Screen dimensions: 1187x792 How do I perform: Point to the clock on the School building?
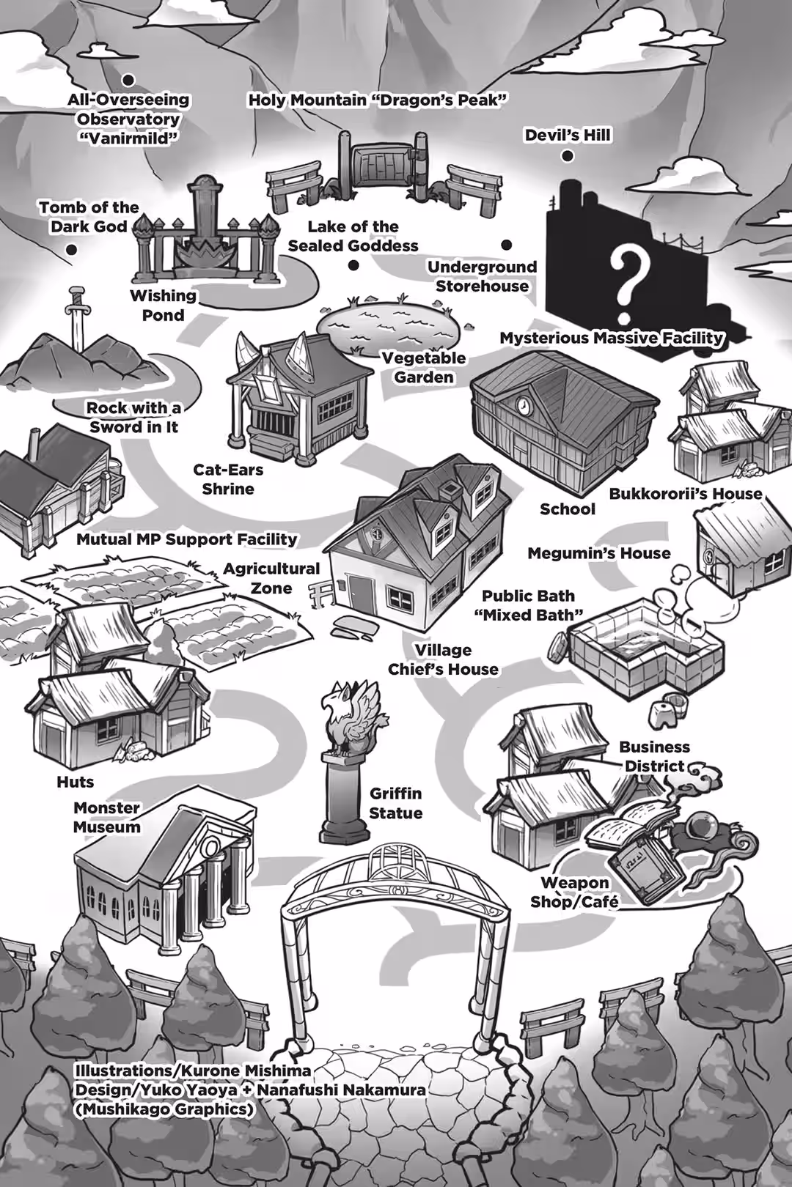click(x=523, y=405)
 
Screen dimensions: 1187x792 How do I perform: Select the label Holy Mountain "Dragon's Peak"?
click(x=378, y=100)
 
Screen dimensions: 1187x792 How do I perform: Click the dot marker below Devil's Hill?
click(x=568, y=155)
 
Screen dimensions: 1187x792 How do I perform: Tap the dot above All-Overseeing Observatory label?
click(x=128, y=80)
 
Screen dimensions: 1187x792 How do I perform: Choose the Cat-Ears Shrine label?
click(x=228, y=479)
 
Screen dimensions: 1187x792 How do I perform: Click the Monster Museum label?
click(x=107, y=817)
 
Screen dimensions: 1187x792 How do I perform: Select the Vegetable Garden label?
click(x=424, y=367)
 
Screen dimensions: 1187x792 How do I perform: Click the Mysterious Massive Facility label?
click(x=612, y=338)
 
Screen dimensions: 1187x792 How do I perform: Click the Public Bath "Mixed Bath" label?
click(x=528, y=605)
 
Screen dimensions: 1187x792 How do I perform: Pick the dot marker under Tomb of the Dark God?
click(x=71, y=250)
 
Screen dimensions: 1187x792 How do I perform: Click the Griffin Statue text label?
click(x=395, y=803)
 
